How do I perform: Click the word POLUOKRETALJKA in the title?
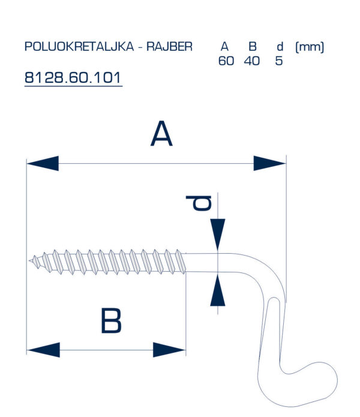(79, 47)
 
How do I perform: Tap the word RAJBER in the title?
(169, 47)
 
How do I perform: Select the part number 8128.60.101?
(73, 77)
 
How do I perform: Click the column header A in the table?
(224, 47)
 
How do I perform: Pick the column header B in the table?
(253, 47)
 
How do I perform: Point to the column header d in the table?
(280, 47)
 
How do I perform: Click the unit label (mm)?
(310, 47)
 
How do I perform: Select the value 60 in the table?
(226, 61)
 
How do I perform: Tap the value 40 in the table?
(252, 61)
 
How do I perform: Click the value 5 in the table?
(278, 61)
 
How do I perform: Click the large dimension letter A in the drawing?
(161, 134)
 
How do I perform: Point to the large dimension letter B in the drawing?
(111, 320)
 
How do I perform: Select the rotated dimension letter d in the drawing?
(199, 203)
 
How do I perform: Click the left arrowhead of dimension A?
(43, 163)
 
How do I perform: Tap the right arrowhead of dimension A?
(269, 163)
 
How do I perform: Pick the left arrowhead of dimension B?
(43, 350)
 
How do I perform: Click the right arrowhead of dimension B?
(169, 350)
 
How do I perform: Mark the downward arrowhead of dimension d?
(218, 234)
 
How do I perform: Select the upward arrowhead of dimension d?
(218, 290)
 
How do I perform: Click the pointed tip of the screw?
(29, 260)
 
